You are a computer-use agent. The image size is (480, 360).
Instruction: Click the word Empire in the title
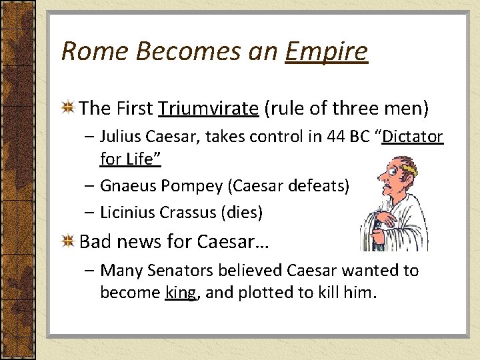tap(326, 51)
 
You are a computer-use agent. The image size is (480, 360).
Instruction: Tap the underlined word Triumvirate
tap(208, 108)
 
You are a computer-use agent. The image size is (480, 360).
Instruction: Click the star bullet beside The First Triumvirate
tap(68, 109)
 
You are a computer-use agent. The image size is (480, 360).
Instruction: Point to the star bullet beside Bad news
tap(68, 241)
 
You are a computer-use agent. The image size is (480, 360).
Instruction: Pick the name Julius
tap(120, 137)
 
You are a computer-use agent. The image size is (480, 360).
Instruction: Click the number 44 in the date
tap(336, 137)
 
